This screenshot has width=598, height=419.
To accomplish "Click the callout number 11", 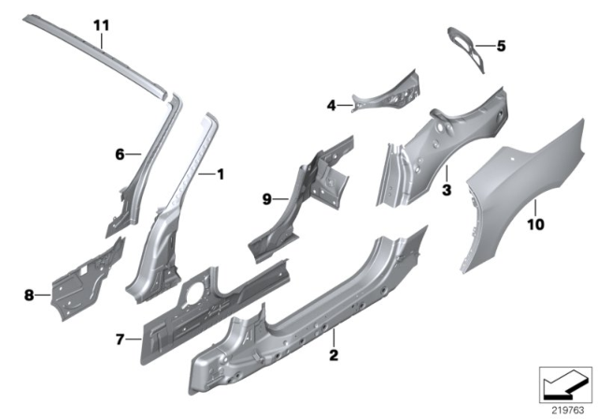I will [103, 22].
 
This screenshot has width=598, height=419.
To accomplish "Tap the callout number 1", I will [221, 174].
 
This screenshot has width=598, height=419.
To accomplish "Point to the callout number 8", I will [29, 296].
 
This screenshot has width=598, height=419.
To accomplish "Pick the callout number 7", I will [121, 338].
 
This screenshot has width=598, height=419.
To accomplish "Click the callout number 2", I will [332, 356].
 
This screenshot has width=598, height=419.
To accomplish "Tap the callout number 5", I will [500, 45].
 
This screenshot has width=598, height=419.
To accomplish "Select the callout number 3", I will [447, 190].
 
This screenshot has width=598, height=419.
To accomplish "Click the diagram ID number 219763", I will [563, 409].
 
